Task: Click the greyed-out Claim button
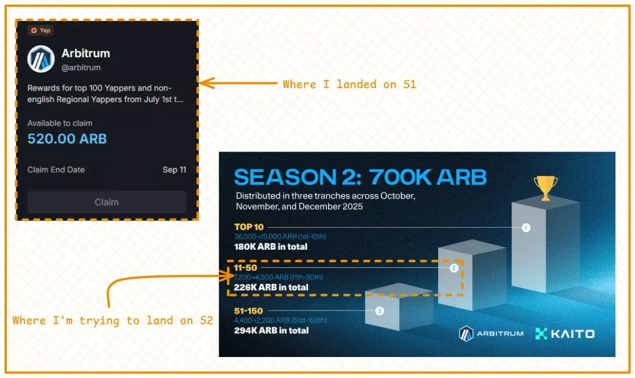(x=107, y=202)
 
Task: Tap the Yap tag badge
(x=41, y=30)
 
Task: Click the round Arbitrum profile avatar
(x=41, y=59)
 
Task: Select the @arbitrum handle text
(x=81, y=68)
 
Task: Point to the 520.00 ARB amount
(x=67, y=138)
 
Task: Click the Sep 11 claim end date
(x=174, y=170)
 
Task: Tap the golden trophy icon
(x=545, y=188)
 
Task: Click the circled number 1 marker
(x=526, y=228)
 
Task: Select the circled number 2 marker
(x=454, y=268)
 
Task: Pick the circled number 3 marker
(x=380, y=310)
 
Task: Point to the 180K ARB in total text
(x=271, y=247)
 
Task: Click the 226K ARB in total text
(x=271, y=287)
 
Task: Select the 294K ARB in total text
(x=271, y=330)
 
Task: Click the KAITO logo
(x=565, y=334)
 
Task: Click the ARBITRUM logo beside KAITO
(x=491, y=334)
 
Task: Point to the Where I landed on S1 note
(x=350, y=84)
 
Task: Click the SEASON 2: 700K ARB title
(x=360, y=177)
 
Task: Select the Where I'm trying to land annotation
(x=113, y=320)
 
